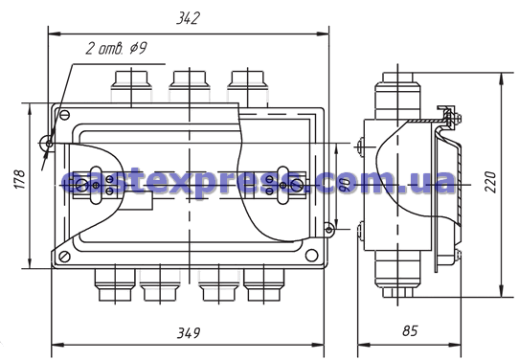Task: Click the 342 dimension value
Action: click(188, 18)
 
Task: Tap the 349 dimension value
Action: click(189, 332)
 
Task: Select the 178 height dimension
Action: click(19, 179)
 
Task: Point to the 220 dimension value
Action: click(490, 182)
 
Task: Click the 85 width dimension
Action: click(410, 330)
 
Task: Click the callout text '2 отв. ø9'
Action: click(116, 48)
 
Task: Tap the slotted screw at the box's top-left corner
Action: click(64, 115)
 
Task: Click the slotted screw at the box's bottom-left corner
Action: click(64, 256)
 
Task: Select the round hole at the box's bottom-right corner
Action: click(311, 255)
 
